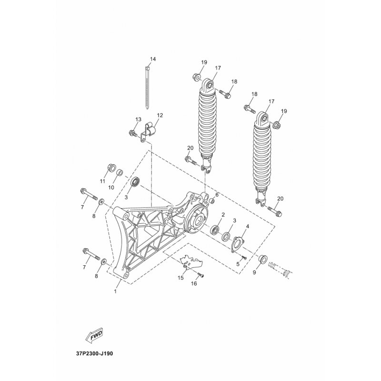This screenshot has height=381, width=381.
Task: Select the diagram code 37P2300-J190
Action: [x=94, y=353]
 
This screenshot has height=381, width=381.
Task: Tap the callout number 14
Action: [x=153, y=59]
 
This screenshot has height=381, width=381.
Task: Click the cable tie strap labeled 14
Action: [x=147, y=87]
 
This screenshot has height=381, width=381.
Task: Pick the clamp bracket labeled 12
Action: [x=149, y=132]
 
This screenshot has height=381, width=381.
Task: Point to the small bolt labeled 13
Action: [x=132, y=133]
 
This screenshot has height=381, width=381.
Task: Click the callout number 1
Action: [x=115, y=291]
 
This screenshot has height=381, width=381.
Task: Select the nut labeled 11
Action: [x=111, y=168]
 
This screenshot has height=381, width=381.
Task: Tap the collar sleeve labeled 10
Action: [x=119, y=173]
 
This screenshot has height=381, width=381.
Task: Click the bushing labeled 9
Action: [x=262, y=259]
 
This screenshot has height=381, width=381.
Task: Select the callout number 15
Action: [x=180, y=278]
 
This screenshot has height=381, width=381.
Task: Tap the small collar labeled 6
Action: [x=211, y=201]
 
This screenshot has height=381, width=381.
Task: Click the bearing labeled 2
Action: [x=215, y=230]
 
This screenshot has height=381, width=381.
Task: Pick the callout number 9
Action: [x=254, y=272]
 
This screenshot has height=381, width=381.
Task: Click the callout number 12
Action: [x=160, y=115]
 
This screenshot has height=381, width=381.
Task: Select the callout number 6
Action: [x=217, y=195]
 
